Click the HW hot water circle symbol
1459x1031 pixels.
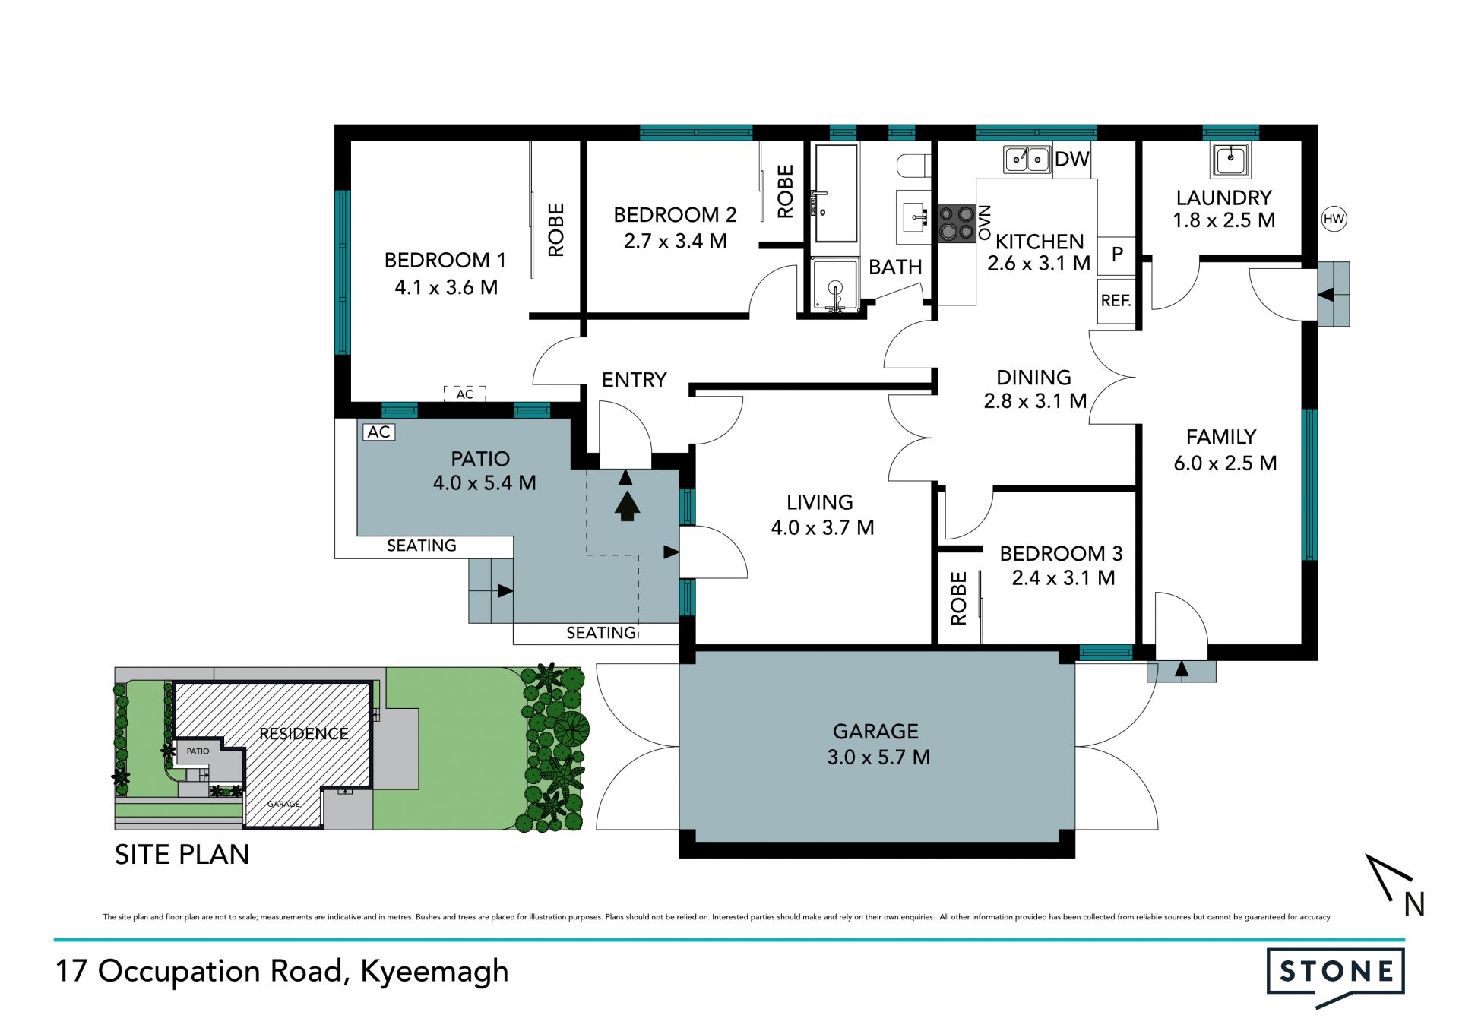tap(1334, 220)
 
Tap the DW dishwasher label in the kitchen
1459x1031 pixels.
tap(1072, 159)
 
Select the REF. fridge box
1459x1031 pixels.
tap(1116, 301)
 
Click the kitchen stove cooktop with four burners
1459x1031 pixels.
tap(957, 223)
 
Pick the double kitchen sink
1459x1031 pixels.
tap(1027, 160)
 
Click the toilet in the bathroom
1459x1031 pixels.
tap(913, 165)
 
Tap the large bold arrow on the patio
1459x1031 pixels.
tap(626, 506)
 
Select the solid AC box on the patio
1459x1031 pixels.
tap(379, 432)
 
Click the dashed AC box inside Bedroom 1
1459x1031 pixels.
tap(464, 394)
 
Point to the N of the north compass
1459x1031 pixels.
tap(1414, 904)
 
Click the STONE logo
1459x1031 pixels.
tap(1336, 976)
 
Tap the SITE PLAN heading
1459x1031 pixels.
tap(182, 855)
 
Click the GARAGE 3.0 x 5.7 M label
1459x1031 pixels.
tap(877, 744)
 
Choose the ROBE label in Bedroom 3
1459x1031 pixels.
tap(959, 599)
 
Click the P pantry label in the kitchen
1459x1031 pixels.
tap(1117, 254)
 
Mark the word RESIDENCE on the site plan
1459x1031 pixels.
tap(304, 734)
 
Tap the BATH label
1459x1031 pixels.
tap(895, 267)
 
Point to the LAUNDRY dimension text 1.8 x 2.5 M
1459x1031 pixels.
tap(1224, 220)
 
